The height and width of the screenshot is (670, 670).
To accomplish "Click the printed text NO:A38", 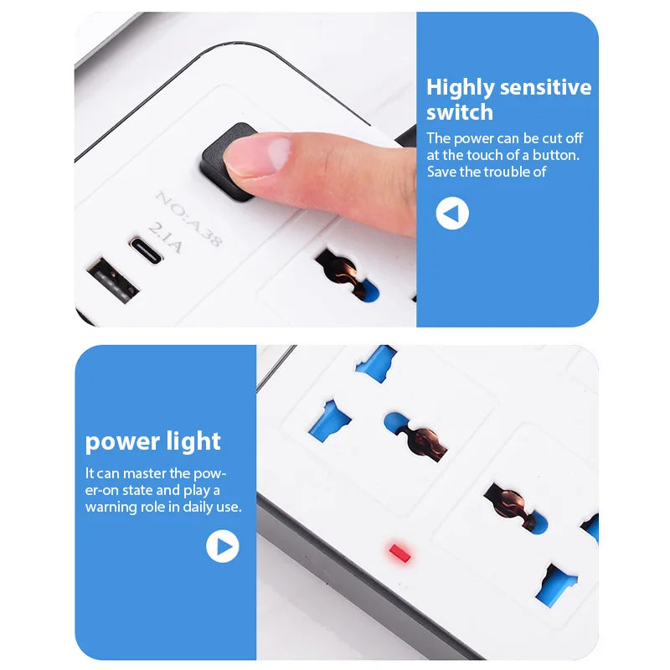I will [x=188, y=218].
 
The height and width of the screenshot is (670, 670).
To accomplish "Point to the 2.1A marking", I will [x=166, y=237].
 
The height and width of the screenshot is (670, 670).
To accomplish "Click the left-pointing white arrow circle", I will [x=452, y=214].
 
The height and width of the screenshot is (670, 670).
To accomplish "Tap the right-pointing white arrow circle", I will [x=223, y=547].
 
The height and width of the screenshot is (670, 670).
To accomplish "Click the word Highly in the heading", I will [x=459, y=88].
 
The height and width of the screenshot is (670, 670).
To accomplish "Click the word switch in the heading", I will [x=459, y=113].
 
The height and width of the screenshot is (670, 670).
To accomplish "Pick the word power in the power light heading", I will [x=121, y=441].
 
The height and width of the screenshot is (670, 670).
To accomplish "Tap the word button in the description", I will [x=556, y=155].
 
